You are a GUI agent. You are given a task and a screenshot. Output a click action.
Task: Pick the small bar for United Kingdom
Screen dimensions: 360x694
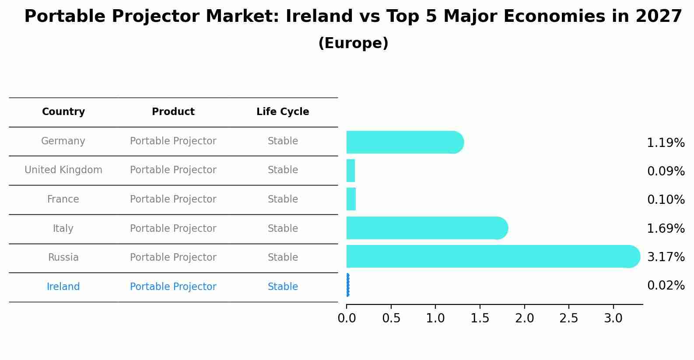[x=351, y=171]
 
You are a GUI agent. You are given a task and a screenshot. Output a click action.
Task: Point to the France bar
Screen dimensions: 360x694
[x=351, y=199]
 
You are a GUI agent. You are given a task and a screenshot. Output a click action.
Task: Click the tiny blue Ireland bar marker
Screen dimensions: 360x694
[x=348, y=285]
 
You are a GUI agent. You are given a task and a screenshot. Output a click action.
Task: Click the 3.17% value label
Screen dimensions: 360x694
[x=666, y=257]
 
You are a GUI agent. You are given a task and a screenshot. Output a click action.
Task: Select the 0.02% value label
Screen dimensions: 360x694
[x=666, y=286]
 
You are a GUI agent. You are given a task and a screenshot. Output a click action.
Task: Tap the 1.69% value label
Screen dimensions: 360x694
[x=666, y=228]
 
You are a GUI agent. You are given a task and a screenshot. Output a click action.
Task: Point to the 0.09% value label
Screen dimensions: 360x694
[x=666, y=171]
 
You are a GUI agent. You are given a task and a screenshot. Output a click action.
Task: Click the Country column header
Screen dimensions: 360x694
[x=63, y=112]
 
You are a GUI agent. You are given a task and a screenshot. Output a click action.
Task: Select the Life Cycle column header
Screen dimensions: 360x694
[x=283, y=112]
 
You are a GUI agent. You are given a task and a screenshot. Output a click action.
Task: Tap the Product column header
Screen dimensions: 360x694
[x=173, y=112]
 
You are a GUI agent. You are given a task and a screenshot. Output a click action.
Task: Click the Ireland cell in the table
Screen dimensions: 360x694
[x=63, y=287]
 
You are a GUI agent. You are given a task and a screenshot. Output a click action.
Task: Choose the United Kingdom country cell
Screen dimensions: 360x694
[x=63, y=170]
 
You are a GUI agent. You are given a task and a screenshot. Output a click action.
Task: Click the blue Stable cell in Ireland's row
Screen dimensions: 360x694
[x=283, y=287]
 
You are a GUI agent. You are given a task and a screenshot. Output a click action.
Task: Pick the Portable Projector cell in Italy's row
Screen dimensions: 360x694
[x=173, y=228]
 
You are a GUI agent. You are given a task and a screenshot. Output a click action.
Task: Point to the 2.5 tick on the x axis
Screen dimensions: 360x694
[x=568, y=318]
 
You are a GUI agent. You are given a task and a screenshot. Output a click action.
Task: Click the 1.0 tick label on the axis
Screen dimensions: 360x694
[x=435, y=318]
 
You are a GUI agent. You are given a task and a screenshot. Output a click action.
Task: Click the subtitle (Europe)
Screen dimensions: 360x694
[x=353, y=43]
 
